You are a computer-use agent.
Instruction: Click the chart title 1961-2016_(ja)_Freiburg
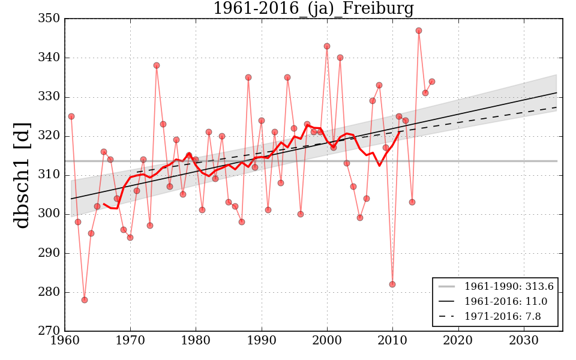(313, 8)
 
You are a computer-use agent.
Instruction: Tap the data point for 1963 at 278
(85, 300)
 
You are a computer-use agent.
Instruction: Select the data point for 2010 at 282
(392, 284)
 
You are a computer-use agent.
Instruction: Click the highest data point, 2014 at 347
(419, 31)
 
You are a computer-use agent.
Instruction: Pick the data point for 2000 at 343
(327, 46)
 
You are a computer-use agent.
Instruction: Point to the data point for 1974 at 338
(157, 65)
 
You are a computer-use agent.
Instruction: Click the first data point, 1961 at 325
(71, 116)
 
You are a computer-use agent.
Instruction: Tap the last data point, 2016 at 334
(432, 82)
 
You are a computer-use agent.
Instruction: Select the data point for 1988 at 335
(248, 77)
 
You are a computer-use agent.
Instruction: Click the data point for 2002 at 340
(340, 58)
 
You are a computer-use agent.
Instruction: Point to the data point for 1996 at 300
(301, 214)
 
